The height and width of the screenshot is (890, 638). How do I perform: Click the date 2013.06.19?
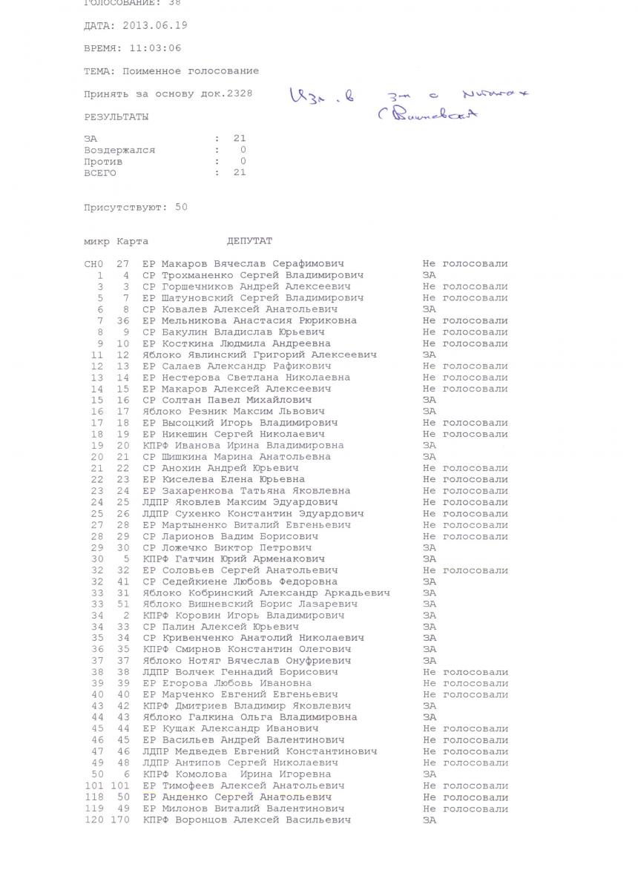157,25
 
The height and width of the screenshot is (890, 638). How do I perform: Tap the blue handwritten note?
407,104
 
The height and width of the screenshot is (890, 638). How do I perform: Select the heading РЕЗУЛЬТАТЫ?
116,116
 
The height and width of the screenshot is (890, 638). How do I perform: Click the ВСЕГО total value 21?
240,173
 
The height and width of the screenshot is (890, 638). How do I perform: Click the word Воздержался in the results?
119,150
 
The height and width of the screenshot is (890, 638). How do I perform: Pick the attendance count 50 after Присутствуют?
181,207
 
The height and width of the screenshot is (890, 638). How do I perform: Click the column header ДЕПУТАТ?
249,241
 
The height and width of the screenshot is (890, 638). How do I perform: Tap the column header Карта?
132,241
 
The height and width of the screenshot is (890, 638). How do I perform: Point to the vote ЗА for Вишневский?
430,604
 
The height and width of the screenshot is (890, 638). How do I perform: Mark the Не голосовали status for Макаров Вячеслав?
465,264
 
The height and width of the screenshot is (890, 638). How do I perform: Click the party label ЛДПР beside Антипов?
155,763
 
